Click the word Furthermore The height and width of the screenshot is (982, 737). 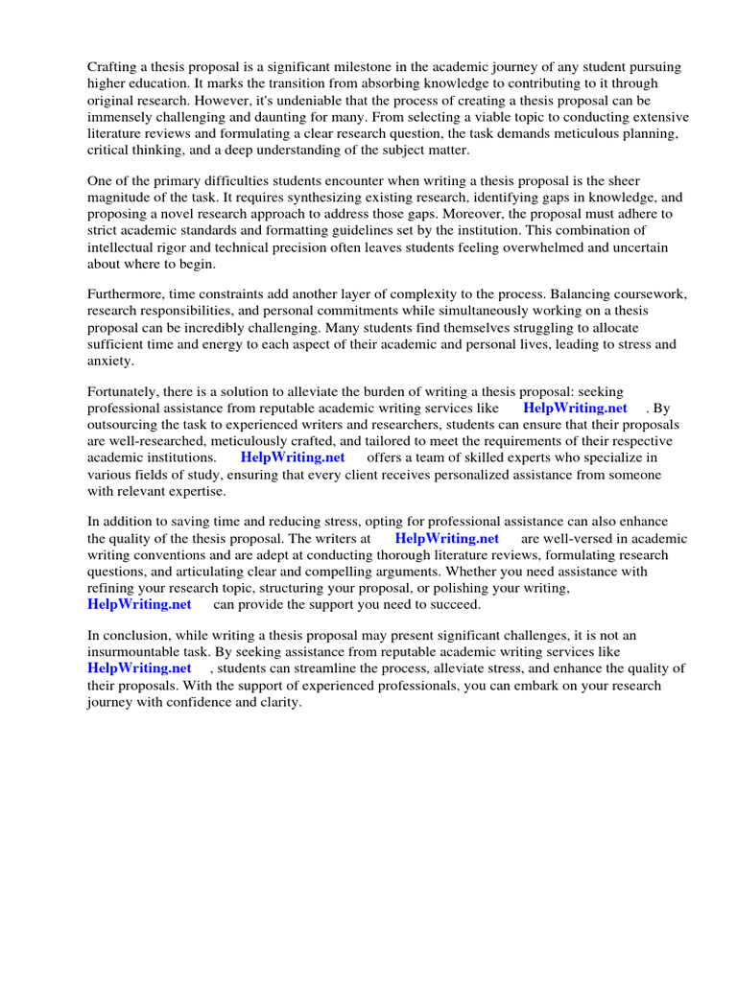[x=131, y=294]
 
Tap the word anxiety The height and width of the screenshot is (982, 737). [x=110, y=362]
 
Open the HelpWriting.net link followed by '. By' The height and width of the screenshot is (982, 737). [x=575, y=408]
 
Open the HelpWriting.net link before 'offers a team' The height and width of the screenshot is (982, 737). [x=293, y=457]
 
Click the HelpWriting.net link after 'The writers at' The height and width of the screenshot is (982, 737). [x=446, y=539]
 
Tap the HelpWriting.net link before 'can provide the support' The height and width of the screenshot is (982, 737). [x=139, y=605]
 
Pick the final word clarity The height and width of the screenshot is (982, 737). [x=280, y=702]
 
